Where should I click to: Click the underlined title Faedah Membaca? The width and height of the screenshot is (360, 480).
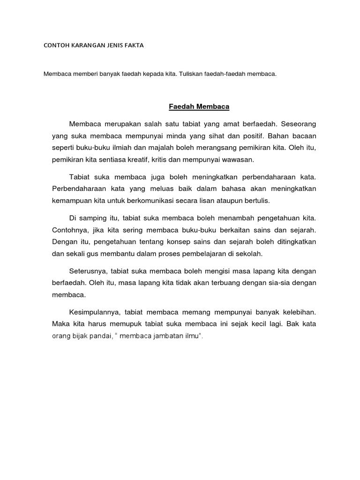(x=199, y=107)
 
